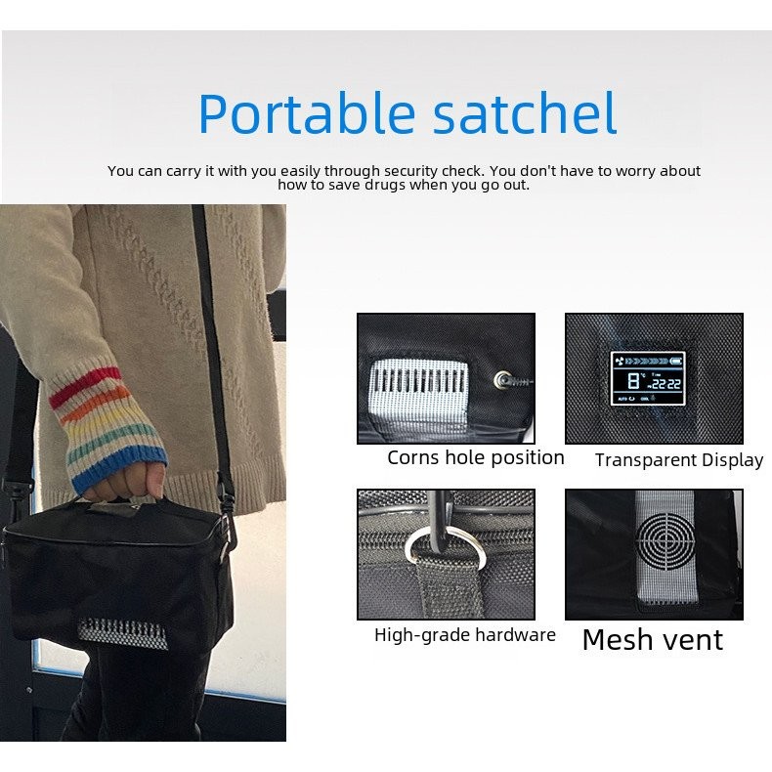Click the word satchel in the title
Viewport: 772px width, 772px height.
tap(525, 112)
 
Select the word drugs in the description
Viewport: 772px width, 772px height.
tap(385, 185)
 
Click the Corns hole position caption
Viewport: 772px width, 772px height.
tap(476, 458)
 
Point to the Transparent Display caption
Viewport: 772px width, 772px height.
tap(679, 460)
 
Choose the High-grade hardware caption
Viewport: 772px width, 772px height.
tap(465, 635)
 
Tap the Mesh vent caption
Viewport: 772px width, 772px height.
tap(653, 640)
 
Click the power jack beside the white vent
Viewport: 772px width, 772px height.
tap(502, 379)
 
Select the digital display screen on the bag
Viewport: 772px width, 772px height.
tap(648, 378)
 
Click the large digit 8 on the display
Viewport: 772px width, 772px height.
tap(634, 381)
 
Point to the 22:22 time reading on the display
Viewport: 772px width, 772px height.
tap(666, 384)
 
